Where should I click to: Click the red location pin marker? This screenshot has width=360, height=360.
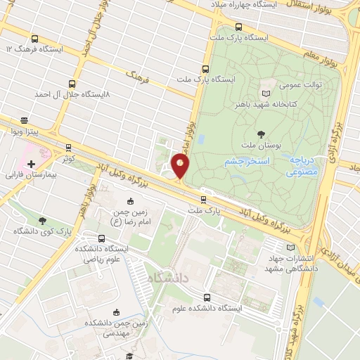coord(181,167)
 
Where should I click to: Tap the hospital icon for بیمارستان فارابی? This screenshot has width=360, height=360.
coord(31,163)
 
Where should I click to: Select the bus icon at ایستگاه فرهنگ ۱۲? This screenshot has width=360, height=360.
coord(35,39)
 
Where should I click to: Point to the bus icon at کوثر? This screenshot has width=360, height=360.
coord(68,148)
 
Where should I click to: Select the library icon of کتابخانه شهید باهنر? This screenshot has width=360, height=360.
coord(265,94)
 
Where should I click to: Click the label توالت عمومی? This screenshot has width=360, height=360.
coord(301,85)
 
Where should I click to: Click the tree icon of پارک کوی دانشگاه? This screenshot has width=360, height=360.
coord(44,221)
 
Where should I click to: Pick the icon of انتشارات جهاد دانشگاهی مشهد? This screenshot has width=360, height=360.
coord(292,247)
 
